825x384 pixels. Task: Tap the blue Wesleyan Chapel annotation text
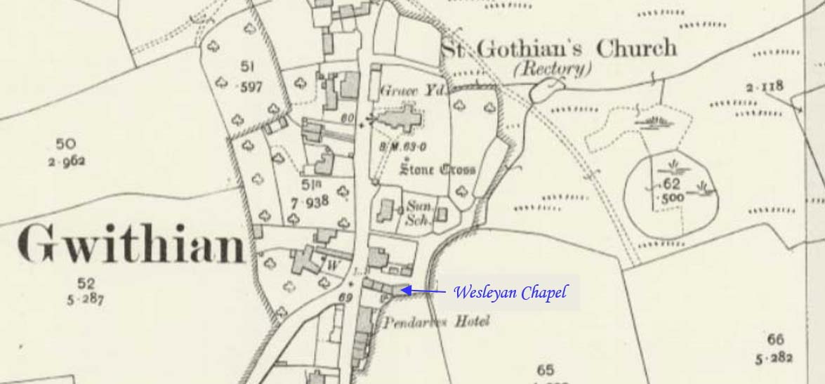510,292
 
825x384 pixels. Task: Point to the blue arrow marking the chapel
423,290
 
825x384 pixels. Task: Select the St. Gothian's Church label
559,48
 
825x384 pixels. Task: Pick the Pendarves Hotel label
435,323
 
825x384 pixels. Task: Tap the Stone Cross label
437,169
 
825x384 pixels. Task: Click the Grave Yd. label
408,91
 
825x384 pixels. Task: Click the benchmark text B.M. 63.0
403,146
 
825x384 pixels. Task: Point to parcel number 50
65,144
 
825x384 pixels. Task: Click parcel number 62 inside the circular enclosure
671,185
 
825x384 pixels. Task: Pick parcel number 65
545,370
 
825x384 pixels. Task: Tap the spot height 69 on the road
345,298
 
